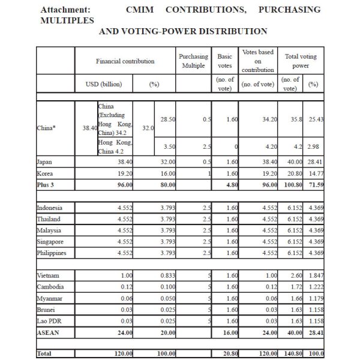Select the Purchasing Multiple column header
pyautogui.click(x=193, y=61)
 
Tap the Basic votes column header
pyautogui.click(x=224, y=61)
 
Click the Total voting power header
pyautogui.click(x=300, y=61)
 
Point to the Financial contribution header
pyautogui.click(x=125, y=61)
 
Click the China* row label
pyautogui.click(x=47, y=127)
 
